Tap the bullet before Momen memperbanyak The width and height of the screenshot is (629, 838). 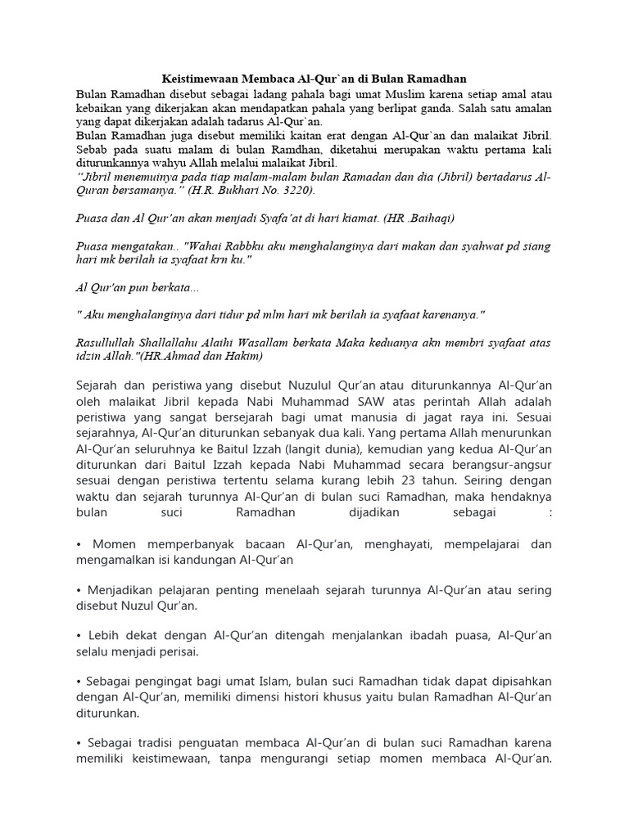pyautogui.click(x=79, y=544)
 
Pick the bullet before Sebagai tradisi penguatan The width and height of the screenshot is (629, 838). pyautogui.click(x=79, y=742)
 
